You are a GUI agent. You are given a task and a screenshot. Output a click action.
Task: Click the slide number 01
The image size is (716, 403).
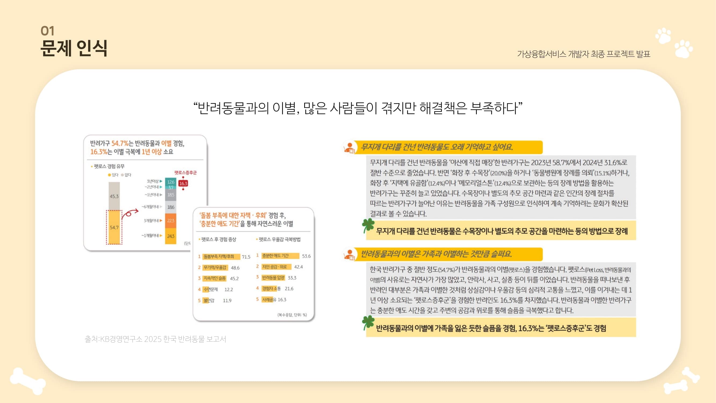point(47,31)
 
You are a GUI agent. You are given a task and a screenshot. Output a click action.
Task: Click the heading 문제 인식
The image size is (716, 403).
point(74,48)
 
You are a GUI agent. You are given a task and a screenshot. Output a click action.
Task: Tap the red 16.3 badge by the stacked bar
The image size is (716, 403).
point(183,183)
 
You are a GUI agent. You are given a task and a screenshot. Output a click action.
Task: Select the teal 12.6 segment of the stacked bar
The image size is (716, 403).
point(171,182)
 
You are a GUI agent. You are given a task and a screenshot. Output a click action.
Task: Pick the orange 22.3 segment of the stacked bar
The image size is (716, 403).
point(171,221)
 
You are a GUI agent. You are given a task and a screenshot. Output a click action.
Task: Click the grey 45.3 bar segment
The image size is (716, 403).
point(114,196)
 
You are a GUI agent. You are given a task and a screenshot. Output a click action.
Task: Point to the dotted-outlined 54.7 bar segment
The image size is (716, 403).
point(114,227)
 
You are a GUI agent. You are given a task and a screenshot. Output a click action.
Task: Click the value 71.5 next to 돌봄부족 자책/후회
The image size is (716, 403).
point(246,257)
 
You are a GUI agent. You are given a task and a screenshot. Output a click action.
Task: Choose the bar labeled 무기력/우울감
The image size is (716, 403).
point(215,268)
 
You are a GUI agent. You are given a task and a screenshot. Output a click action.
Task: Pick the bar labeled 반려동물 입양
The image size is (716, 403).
point(273,278)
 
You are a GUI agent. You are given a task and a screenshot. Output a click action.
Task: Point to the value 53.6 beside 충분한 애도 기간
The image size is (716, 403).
point(306,256)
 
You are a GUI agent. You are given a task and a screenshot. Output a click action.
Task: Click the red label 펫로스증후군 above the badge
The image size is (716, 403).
point(186,173)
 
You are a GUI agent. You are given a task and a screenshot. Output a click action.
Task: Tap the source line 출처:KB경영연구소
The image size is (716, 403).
point(155,339)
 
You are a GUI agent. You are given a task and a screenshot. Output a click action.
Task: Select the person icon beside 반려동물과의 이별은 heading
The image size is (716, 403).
point(349,254)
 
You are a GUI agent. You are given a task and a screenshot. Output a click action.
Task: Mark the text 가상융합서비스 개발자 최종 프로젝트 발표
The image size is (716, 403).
point(583,54)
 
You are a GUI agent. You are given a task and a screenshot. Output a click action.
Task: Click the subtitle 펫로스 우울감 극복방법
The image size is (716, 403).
point(279,239)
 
